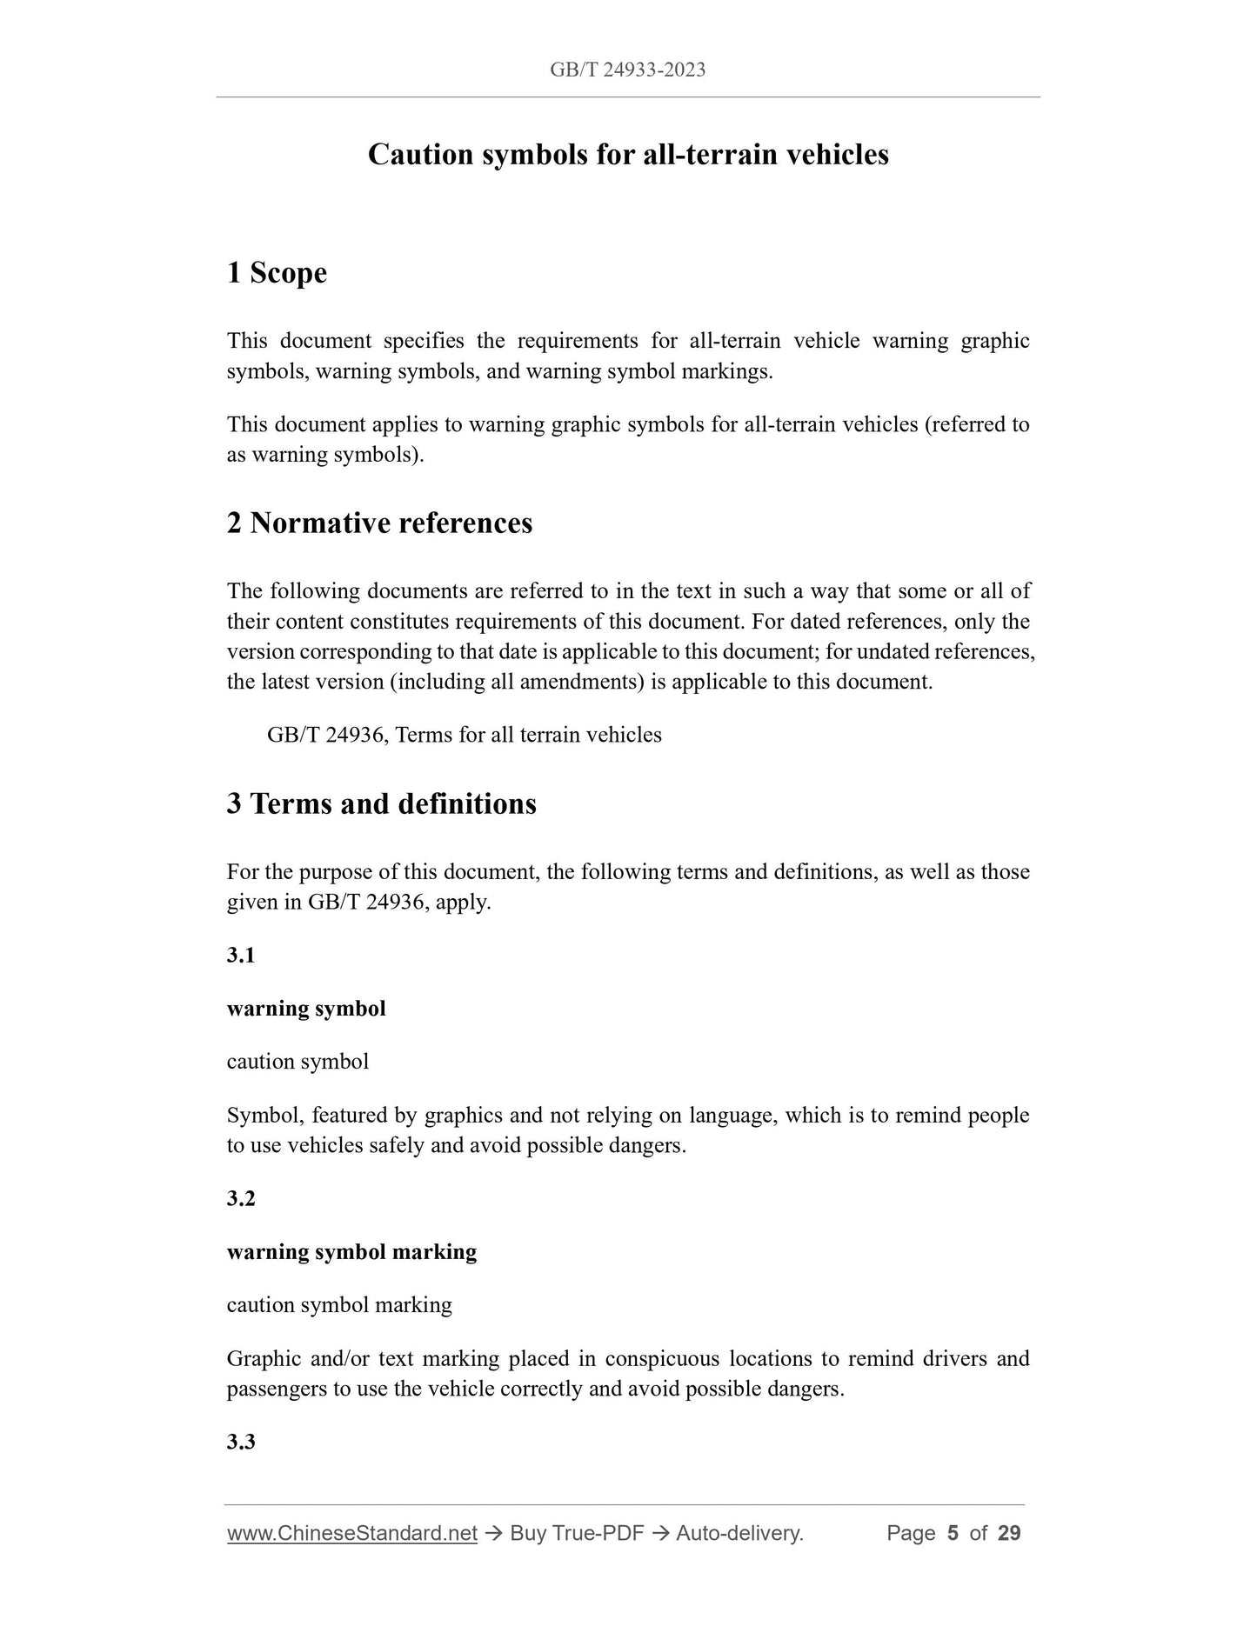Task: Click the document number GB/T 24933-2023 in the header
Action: (x=627, y=70)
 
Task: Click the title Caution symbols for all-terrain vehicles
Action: (x=628, y=155)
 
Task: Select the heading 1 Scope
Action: (x=277, y=273)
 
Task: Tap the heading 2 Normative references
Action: (x=379, y=523)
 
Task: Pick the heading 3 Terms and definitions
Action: (x=381, y=803)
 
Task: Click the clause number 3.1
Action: (x=241, y=956)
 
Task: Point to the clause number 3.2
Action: (x=241, y=1199)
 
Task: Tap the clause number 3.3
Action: (x=241, y=1443)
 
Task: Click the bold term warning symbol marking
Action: (x=351, y=1252)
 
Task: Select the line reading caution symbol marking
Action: (x=339, y=1305)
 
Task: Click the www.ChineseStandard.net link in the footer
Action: (x=352, y=1533)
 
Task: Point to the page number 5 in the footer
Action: (x=953, y=1533)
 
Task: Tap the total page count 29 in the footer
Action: (x=1009, y=1533)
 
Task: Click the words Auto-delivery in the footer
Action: (x=739, y=1533)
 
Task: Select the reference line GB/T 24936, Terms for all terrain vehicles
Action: (x=464, y=736)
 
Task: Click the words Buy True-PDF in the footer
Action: (x=577, y=1533)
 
